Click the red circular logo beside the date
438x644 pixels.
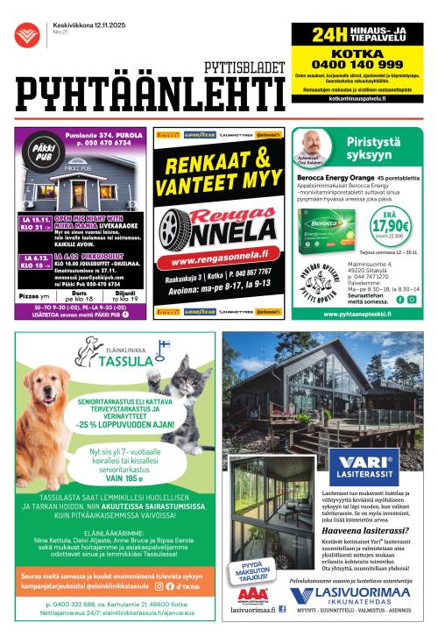click(27, 34)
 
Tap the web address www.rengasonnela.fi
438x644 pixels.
click(220, 260)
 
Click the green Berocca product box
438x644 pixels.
click(324, 232)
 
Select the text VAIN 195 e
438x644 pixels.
click(116, 478)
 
